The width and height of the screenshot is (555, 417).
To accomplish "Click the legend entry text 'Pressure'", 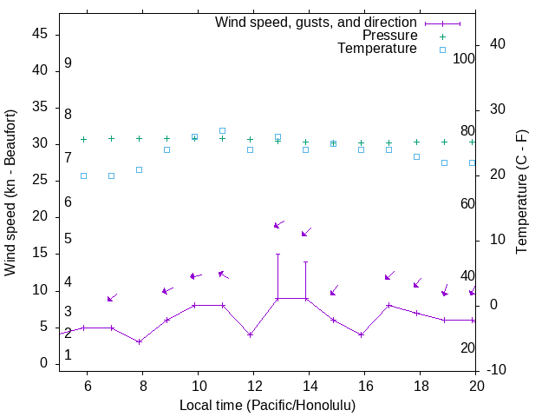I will tap(389, 36).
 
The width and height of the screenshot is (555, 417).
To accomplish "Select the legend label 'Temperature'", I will tap(377, 49).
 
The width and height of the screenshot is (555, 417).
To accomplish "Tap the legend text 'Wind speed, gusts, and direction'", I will tap(317, 23).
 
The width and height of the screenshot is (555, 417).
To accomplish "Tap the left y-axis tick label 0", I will tap(43, 364).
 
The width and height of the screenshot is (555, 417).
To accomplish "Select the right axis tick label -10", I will tap(498, 370).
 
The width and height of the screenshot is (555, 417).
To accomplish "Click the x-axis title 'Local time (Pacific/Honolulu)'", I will tap(267, 405).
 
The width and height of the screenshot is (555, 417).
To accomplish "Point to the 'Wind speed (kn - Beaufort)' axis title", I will tap(11, 193).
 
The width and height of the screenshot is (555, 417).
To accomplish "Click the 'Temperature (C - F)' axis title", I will tap(522, 193).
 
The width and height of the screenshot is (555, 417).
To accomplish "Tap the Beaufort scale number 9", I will tap(68, 63).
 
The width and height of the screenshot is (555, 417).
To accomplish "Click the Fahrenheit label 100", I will tap(465, 59).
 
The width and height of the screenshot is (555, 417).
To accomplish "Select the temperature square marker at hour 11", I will tap(222, 130).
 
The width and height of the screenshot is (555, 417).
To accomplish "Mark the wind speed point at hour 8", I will tap(139, 341).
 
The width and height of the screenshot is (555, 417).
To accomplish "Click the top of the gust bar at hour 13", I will tap(277, 255).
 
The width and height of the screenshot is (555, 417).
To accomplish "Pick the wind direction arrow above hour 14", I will tap(306, 232).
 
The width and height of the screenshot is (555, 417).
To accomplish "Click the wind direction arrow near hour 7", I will tap(112, 298).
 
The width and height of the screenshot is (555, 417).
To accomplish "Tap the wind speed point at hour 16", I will tap(361, 334).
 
